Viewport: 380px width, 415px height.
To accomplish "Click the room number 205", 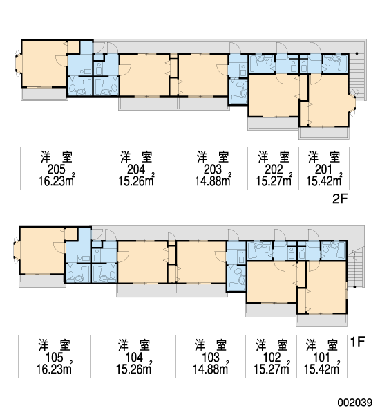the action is [x=56, y=169].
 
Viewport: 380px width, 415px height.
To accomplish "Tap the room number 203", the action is [x=213, y=169].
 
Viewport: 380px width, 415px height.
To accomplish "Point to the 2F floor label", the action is [x=339, y=199].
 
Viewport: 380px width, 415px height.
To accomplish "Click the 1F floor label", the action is [x=357, y=342].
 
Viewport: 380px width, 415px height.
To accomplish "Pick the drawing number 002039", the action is [x=354, y=403].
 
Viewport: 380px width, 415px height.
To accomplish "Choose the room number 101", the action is [x=321, y=358].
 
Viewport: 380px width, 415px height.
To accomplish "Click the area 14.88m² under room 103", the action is [x=211, y=369].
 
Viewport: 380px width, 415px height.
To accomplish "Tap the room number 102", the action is [x=272, y=358].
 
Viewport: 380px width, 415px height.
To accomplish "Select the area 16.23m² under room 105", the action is [x=55, y=369].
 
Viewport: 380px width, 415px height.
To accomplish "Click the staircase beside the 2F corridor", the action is [x=357, y=77].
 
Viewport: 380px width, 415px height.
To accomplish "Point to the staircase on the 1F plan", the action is [x=355, y=267].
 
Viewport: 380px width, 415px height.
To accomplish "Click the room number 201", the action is [x=323, y=169].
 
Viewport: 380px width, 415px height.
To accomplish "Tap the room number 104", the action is [x=134, y=358].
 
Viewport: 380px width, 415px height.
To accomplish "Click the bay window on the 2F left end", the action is [x=18, y=64].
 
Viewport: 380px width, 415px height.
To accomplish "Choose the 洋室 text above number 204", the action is [x=136, y=157].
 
